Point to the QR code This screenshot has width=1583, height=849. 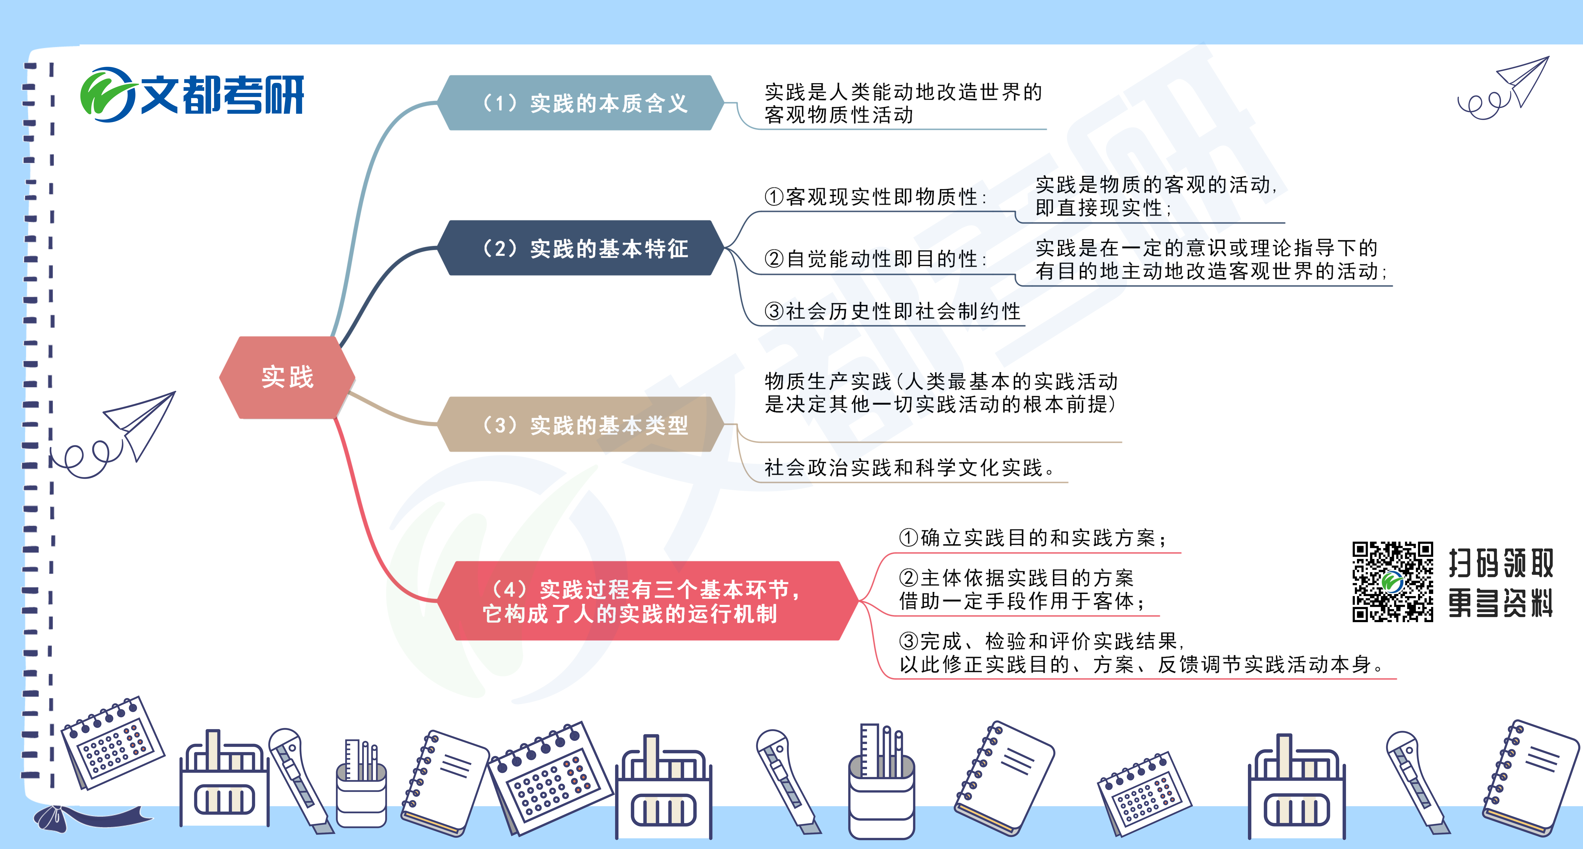(1393, 581)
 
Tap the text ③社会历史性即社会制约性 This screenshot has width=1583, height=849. (892, 311)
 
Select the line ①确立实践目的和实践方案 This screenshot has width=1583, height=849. (1032, 538)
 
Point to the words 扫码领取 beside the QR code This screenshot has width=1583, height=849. (1501, 563)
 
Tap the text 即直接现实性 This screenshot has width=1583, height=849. (1103, 208)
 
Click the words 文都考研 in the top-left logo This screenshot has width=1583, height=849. (222, 95)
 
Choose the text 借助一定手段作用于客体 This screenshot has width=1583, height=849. (1021, 601)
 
